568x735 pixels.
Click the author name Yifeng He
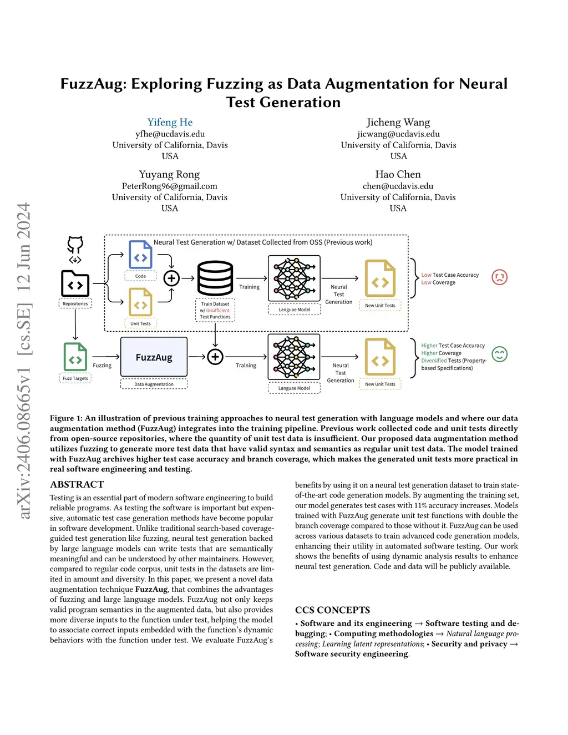coord(170,122)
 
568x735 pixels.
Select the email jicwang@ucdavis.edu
coord(398,134)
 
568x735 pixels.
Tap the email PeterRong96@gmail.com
coord(169,186)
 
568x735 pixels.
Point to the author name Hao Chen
coord(398,174)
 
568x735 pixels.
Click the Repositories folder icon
coord(75,283)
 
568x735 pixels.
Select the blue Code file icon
coord(140,254)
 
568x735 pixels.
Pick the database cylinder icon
coord(215,278)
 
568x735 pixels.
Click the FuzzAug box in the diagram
coord(154,357)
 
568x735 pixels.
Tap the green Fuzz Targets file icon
coord(75,357)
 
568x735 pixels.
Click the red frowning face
coord(499,277)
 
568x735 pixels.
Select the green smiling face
coord(499,354)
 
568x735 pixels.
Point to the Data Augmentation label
coord(154,384)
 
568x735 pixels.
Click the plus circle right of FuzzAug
coord(215,357)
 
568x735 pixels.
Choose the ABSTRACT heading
coord(77,484)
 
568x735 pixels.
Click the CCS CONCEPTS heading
coord(332,610)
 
